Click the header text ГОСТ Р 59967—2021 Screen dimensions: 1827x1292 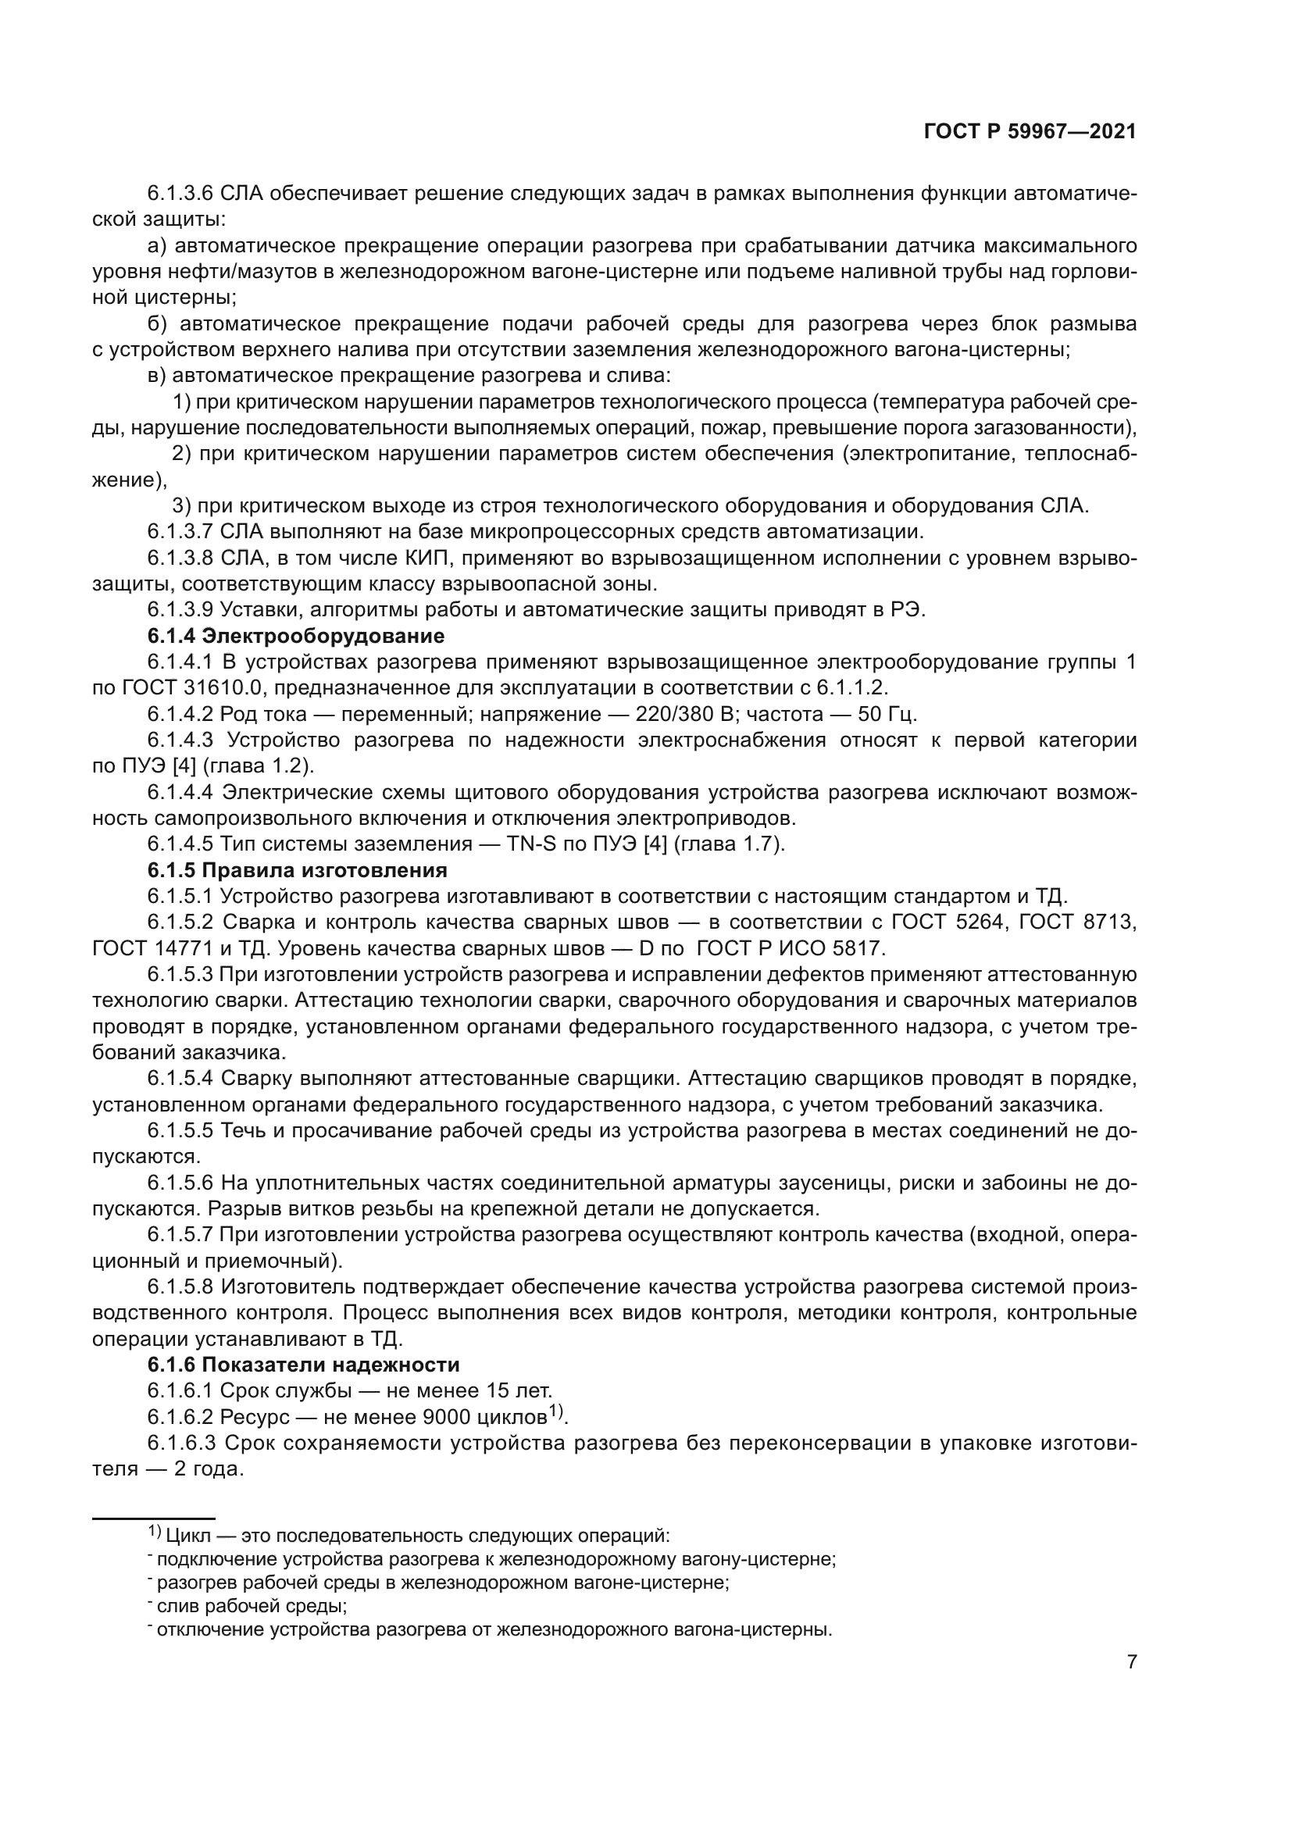tap(1030, 132)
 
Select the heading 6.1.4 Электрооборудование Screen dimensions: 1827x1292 tap(295, 636)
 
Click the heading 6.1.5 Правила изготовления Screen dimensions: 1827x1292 tap(297, 869)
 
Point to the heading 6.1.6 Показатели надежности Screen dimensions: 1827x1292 tap(303, 1365)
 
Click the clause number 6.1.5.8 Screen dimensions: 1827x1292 tap(180, 1286)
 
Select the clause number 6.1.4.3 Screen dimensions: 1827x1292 tap(180, 740)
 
